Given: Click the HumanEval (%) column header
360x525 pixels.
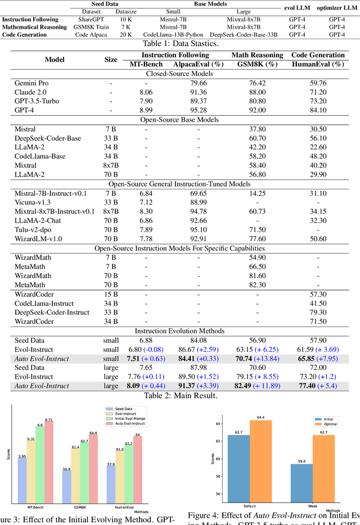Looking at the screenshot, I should coord(318,64).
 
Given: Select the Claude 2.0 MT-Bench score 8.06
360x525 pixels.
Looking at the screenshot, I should coord(146,92).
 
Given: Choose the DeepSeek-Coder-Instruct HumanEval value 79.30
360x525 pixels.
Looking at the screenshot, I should coord(318,312).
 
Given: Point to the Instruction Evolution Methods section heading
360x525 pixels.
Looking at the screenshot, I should coord(179,331).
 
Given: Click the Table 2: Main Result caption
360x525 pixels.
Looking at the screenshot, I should coord(179,396).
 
